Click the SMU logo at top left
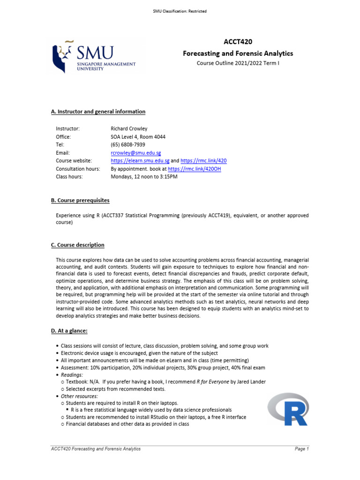[94, 58]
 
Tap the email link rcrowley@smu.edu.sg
[136, 153]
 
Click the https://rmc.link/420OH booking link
[194, 169]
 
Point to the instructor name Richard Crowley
[129, 128]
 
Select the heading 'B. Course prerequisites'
[80, 201]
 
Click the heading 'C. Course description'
[78, 245]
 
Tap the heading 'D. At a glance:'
[69, 331]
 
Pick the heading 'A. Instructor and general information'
[98, 112]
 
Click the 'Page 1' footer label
[301, 449]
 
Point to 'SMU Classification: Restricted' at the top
[180, 11]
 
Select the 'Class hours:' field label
[69, 177]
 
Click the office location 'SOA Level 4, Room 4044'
[138, 137]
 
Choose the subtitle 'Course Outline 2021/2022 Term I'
[238, 63]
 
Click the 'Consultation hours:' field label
[78, 169]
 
